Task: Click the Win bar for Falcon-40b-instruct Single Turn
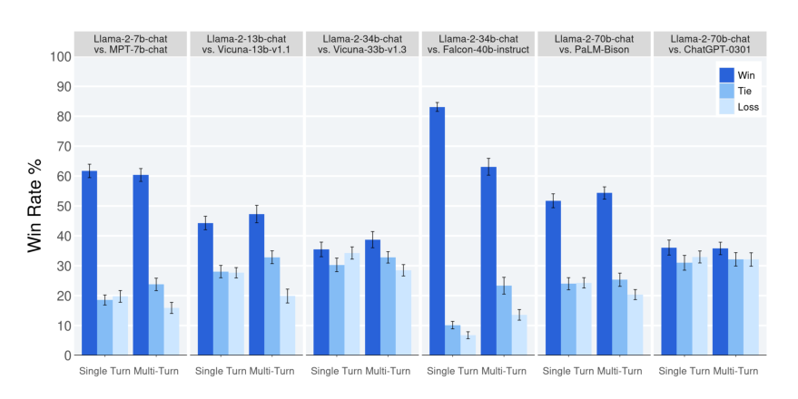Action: [438, 231]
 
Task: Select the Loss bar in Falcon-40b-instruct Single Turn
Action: [468, 345]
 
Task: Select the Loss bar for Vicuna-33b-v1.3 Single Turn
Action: [352, 305]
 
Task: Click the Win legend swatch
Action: [727, 75]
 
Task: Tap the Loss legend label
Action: [748, 107]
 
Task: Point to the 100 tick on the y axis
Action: [60, 56]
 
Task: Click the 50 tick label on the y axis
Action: [64, 206]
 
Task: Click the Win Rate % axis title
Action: [34, 206]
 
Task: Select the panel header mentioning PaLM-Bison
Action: [594, 44]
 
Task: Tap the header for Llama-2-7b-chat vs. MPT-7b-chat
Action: [131, 44]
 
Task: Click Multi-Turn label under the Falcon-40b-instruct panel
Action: [504, 371]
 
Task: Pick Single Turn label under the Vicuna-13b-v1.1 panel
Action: [221, 371]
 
